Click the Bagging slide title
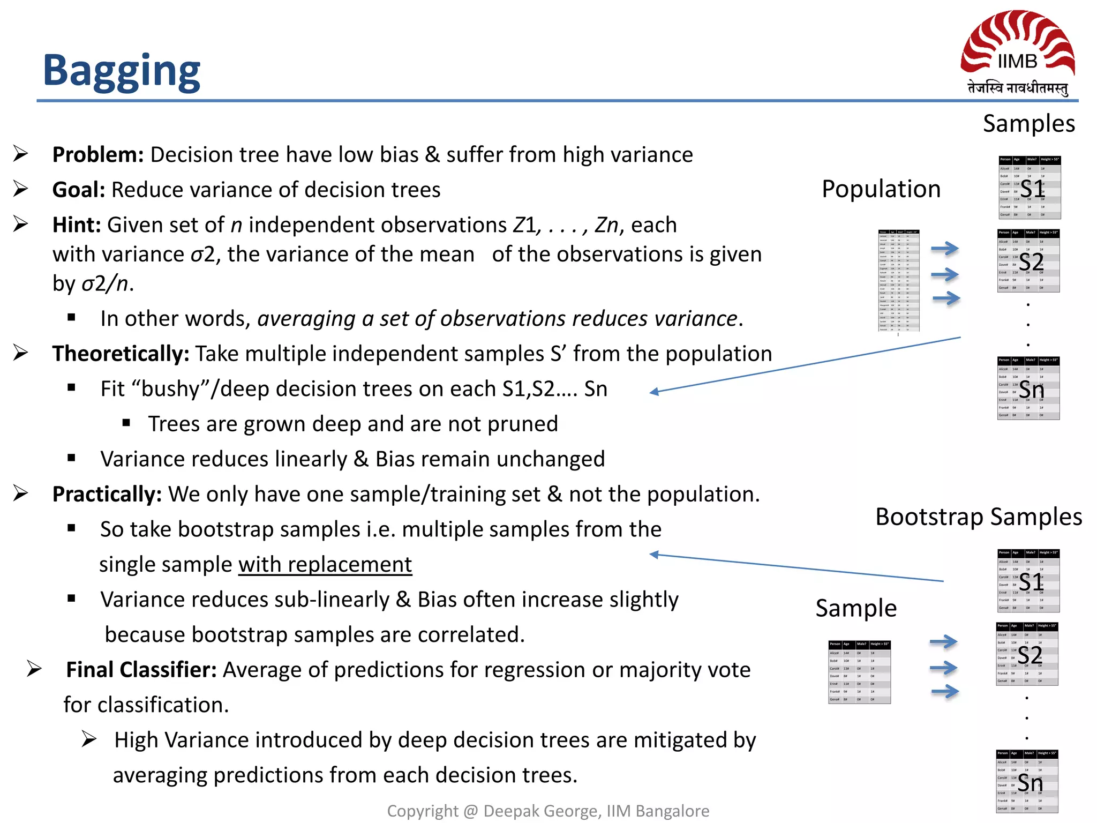click(121, 71)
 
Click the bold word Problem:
click(97, 155)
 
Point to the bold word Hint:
click(77, 225)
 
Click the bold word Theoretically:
click(121, 354)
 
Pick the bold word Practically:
click(107, 495)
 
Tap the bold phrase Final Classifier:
click(141, 670)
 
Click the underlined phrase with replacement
click(325, 565)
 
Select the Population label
click(881, 189)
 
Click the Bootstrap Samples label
click(978, 517)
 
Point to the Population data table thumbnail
click(898, 281)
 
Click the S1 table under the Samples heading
click(1029, 188)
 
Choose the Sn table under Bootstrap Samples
click(1027, 782)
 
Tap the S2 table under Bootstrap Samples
click(1027, 654)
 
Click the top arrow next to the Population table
click(944, 249)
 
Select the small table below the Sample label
click(859, 672)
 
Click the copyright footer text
click(548, 811)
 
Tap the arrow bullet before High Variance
click(89, 739)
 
